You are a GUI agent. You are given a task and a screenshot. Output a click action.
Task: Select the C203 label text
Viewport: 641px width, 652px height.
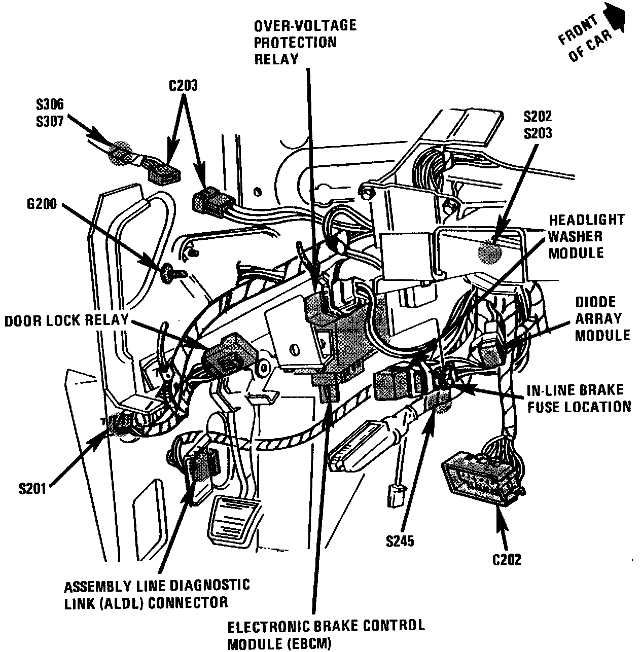(183, 86)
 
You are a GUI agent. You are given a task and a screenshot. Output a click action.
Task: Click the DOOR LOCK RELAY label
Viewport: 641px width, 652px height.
(66, 321)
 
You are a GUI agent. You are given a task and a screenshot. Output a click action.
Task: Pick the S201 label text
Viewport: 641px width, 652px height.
(33, 489)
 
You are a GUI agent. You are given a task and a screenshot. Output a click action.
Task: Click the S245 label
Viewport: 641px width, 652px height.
(400, 541)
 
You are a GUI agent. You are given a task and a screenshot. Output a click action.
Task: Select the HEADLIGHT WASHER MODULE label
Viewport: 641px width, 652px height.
(586, 236)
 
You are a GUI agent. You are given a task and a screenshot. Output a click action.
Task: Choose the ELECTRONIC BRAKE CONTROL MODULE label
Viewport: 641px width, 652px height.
(326, 634)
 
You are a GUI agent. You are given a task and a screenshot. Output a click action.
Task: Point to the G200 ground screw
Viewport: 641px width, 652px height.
(167, 273)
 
